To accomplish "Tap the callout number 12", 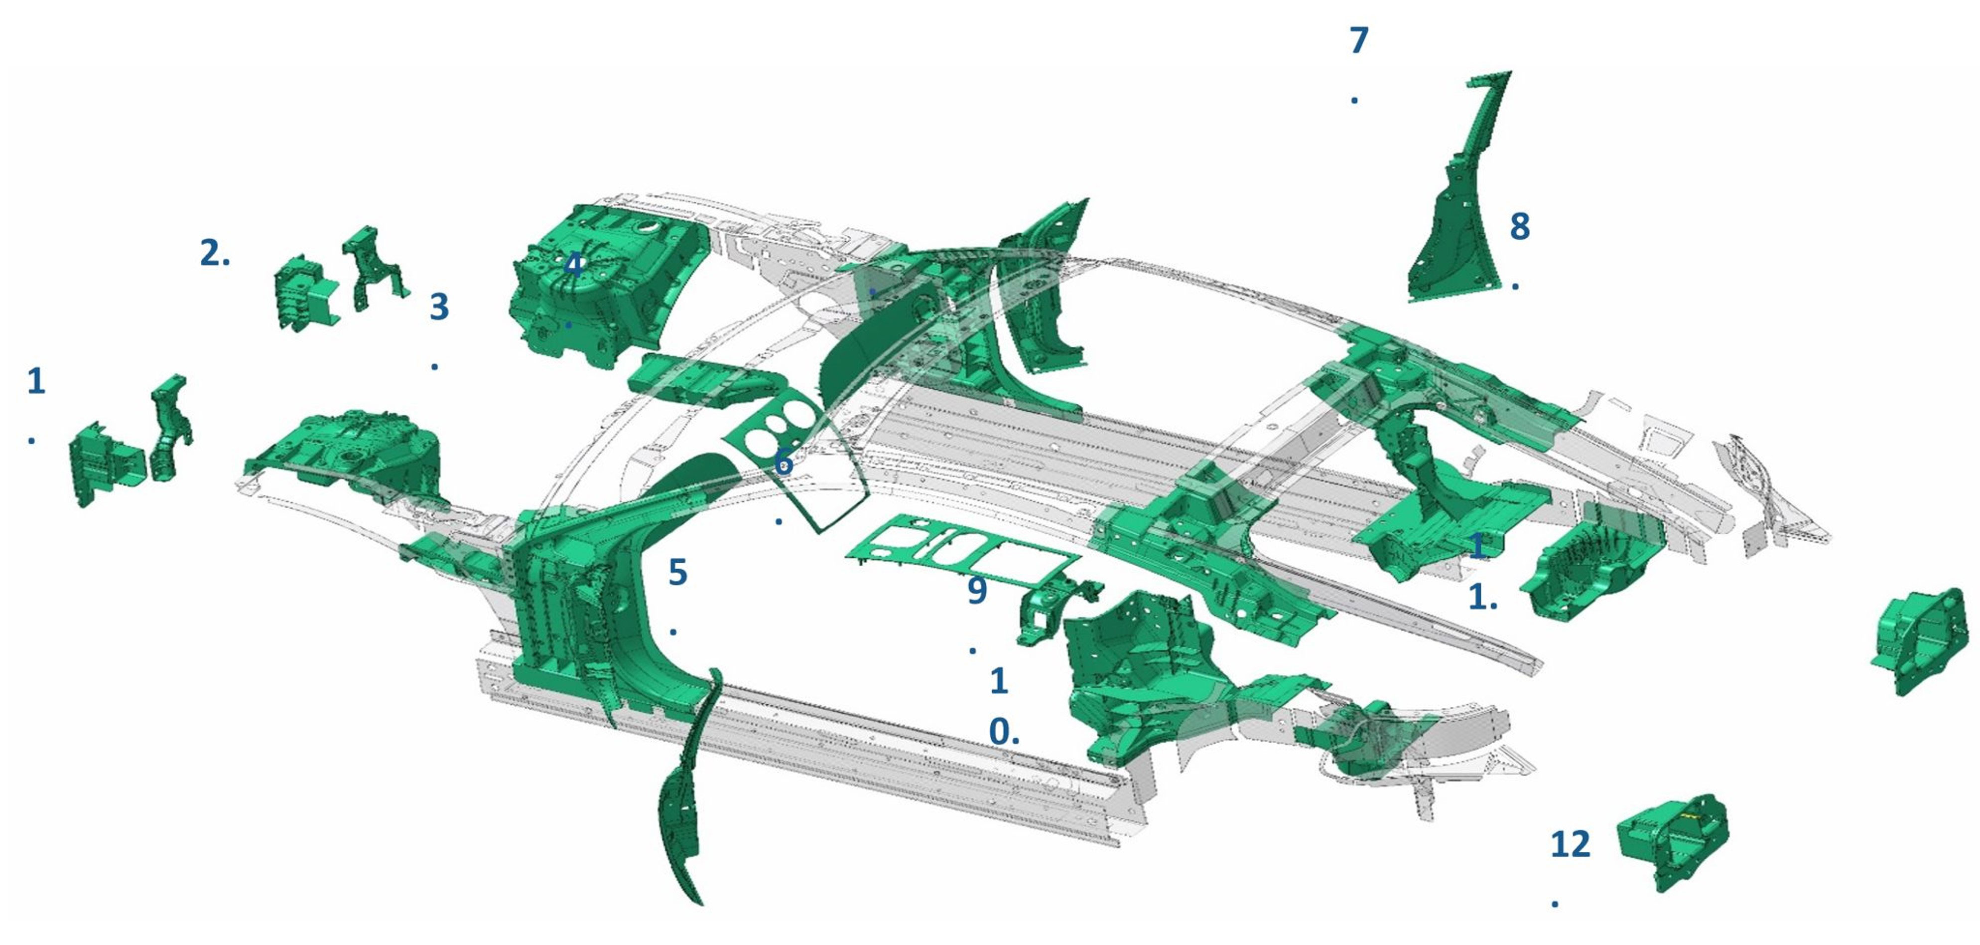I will [1570, 844].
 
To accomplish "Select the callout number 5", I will [677, 573].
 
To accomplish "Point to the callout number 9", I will [976, 591].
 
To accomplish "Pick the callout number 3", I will [439, 307].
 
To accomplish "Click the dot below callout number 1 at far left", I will [31, 441].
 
